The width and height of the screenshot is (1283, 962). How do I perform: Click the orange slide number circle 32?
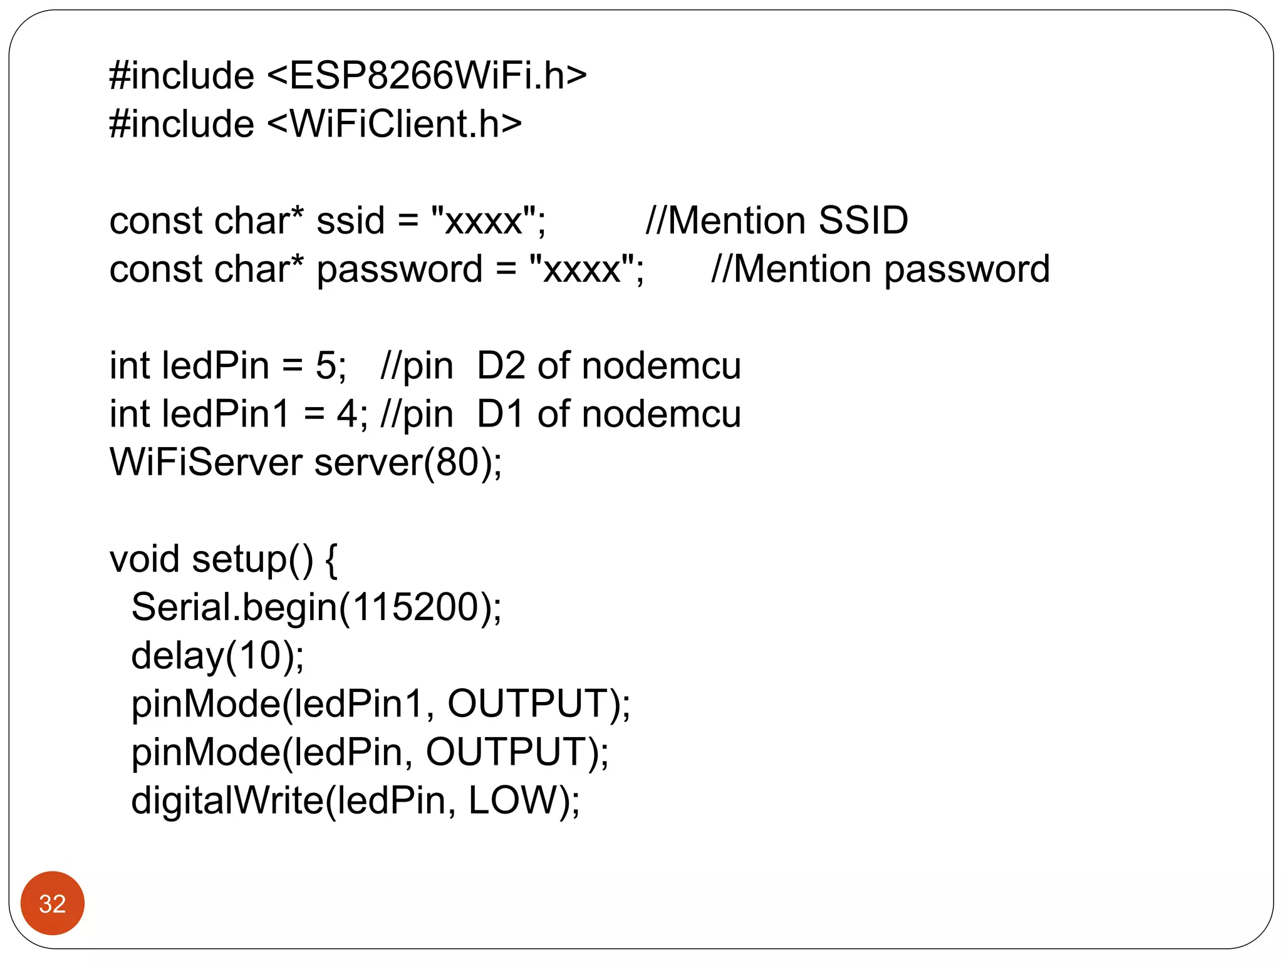[x=52, y=903]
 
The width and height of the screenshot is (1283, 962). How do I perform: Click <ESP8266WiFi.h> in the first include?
[x=427, y=76]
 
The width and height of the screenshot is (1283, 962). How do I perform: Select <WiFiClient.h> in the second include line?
[x=395, y=124]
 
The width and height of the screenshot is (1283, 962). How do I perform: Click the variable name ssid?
[x=350, y=220]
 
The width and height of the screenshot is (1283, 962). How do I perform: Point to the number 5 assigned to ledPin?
[x=326, y=366]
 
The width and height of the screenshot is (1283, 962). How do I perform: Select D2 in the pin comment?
[x=500, y=366]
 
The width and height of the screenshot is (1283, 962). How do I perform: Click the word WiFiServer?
[x=205, y=462]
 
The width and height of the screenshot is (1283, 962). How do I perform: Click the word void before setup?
[x=144, y=559]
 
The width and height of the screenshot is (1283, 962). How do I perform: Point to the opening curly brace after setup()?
[x=331, y=560]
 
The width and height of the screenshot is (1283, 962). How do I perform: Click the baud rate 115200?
[x=415, y=607]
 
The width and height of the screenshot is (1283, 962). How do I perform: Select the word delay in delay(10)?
[x=177, y=656]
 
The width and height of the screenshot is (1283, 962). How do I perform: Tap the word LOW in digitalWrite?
[x=512, y=800]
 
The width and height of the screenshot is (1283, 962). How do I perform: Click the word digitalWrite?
[x=226, y=800]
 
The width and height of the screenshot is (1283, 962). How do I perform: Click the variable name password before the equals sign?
[x=399, y=270]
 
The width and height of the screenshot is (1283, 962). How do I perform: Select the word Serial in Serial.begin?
[x=181, y=607]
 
